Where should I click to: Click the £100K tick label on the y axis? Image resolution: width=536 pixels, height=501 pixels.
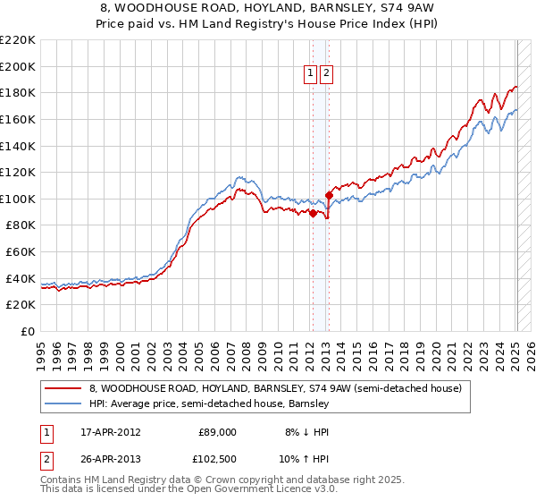click(18, 199)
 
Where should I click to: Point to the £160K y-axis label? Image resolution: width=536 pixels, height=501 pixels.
click(18, 119)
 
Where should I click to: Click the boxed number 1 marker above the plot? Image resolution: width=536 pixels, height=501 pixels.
click(311, 74)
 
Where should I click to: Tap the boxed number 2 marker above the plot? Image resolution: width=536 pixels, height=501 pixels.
click(326, 74)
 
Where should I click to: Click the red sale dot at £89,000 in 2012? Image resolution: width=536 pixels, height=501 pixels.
click(313, 213)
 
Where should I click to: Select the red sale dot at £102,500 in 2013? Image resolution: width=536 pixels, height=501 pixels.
click(329, 195)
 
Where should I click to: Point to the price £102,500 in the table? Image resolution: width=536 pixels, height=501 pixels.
click(216, 459)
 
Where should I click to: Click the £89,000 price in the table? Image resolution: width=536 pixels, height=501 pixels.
click(217, 431)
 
